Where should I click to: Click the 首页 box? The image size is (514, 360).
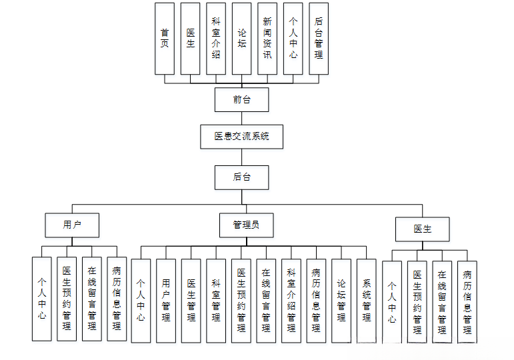[x=165, y=38]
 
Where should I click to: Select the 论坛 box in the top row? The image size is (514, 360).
[x=242, y=38]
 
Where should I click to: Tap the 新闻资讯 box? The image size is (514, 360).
[x=267, y=38]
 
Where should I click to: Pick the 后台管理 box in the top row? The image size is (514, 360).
[x=319, y=38]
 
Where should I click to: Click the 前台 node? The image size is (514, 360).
[x=241, y=99]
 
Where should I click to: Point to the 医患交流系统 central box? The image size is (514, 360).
[x=241, y=136]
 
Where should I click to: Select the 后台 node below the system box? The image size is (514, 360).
[x=241, y=177]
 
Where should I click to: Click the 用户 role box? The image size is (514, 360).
[x=72, y=225]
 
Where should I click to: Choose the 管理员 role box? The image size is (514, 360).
[x=246, y=225]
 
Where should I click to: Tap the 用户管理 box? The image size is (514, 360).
[x=166, y=300]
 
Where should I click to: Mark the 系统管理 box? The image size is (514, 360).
[x=367, y=300]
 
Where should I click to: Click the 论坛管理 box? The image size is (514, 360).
[x=341, y=300]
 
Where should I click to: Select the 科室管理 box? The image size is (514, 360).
[x=216, y=300]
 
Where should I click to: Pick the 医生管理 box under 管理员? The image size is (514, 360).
[x=191, y=300]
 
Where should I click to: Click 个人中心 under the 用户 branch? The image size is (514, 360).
[x=41, y=299]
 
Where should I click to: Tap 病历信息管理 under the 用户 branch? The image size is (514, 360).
[x=117, y=299]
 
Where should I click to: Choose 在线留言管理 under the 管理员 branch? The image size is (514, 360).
[x=266, y=300]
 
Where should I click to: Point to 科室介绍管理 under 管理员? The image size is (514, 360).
[x=291, y=300]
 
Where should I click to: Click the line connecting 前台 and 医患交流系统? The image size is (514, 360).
[x=241, y=117]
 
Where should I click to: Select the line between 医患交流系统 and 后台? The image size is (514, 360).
[x=241, y=157]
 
